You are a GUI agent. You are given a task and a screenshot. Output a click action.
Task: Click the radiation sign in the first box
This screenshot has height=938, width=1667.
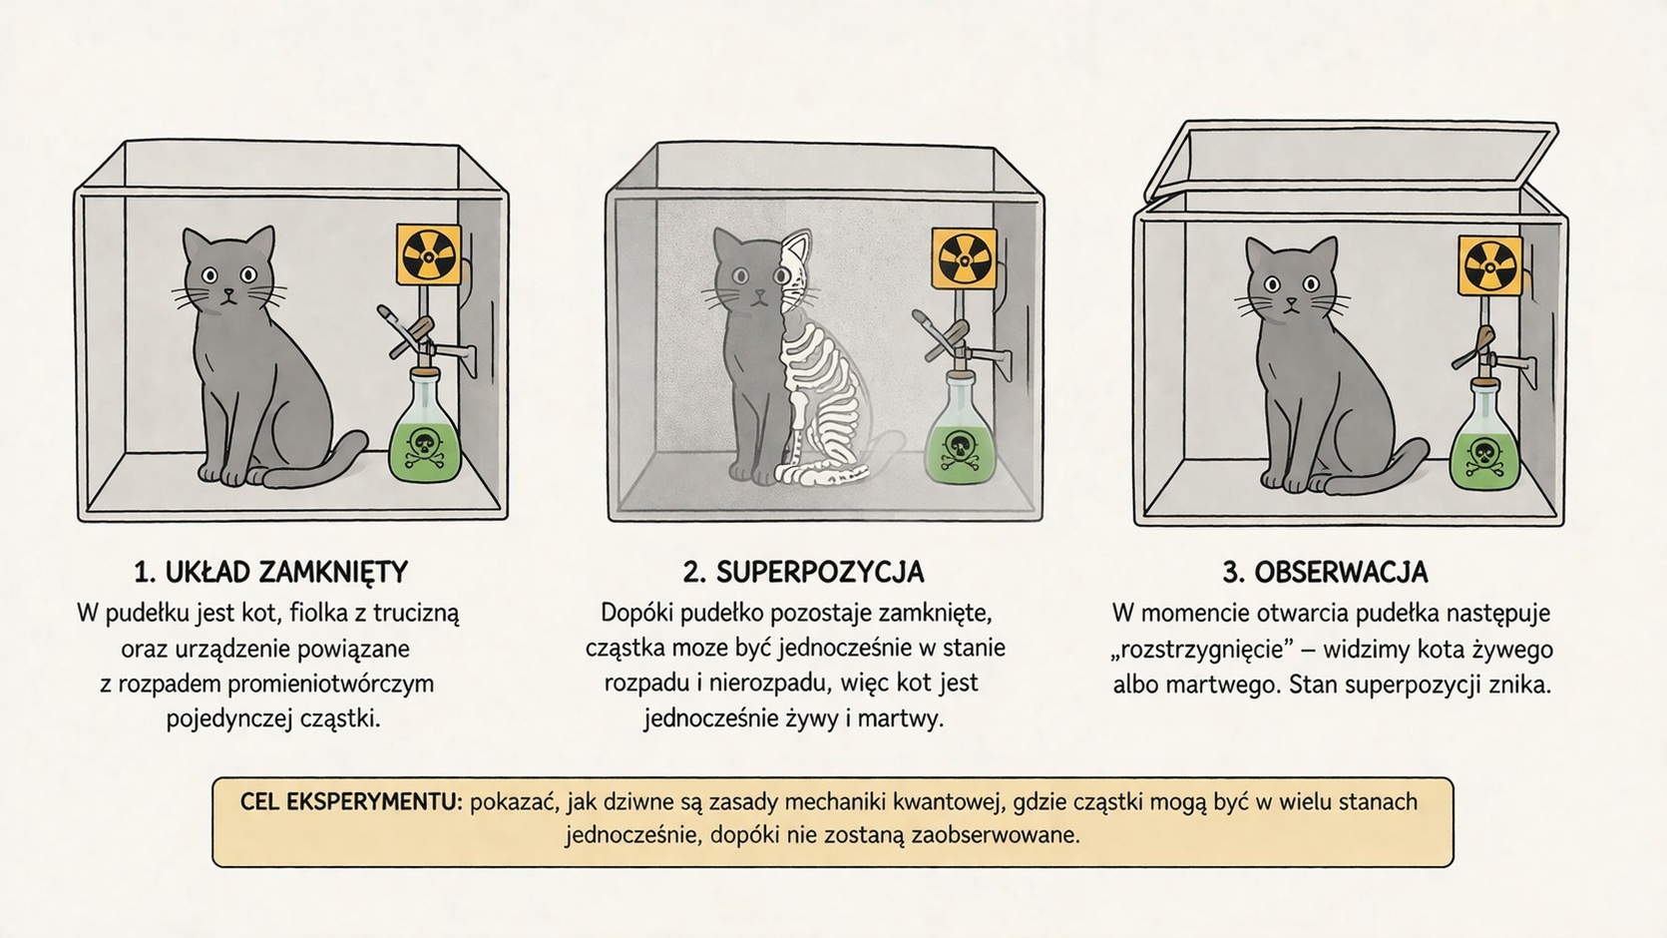(428, 254)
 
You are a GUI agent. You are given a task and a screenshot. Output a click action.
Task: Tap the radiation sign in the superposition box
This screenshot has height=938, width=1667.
(964, 258)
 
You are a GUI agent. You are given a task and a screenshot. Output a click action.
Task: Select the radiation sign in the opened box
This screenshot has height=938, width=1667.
(1489, 265)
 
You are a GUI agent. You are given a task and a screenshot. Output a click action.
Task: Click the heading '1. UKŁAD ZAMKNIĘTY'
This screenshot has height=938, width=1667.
(271, 573)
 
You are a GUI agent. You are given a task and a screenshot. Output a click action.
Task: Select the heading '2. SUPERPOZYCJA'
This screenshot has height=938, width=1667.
(804, 573)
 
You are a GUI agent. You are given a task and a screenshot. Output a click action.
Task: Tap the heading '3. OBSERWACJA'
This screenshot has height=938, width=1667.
(1326, 573)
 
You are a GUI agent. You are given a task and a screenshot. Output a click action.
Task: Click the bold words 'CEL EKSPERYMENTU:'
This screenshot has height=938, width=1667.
(351, 801)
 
